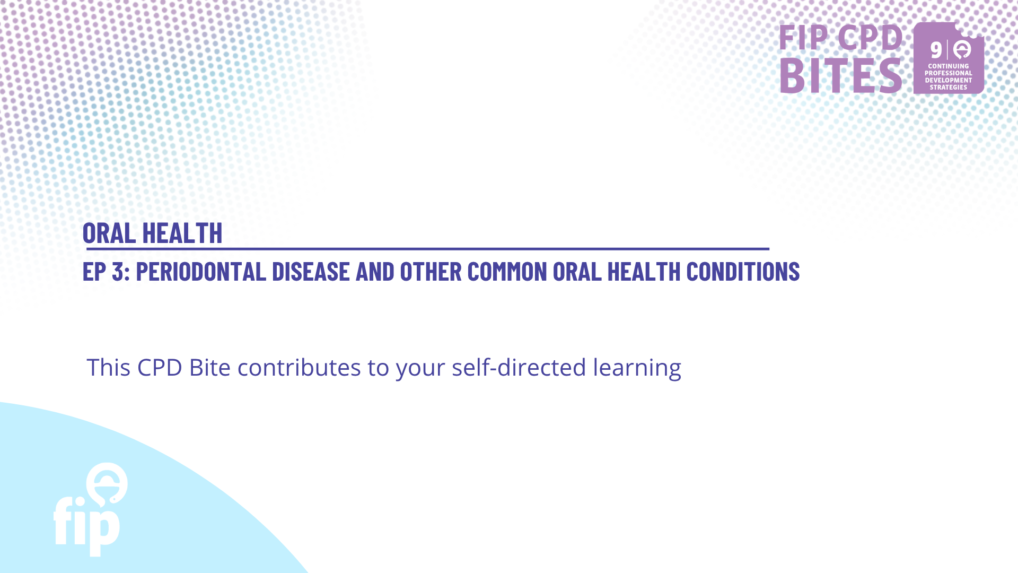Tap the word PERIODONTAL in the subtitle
click(x=201, y=272)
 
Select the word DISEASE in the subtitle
click(x=311, y=272)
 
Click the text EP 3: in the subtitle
click(x=107, y=272)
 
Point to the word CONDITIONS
click(x=743, y=272)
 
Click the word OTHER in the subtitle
click(x=431, y=272)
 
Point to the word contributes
click(x=299, y=367)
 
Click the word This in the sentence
click(x=108, y=367)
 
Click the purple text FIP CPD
click(x=841, y=37)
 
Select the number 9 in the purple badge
click(x=936, y=50)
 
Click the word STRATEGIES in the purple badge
click(x=949, y=88)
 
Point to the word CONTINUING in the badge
click(x=949, y=66)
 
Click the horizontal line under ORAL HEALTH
click(x=427, y=248)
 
